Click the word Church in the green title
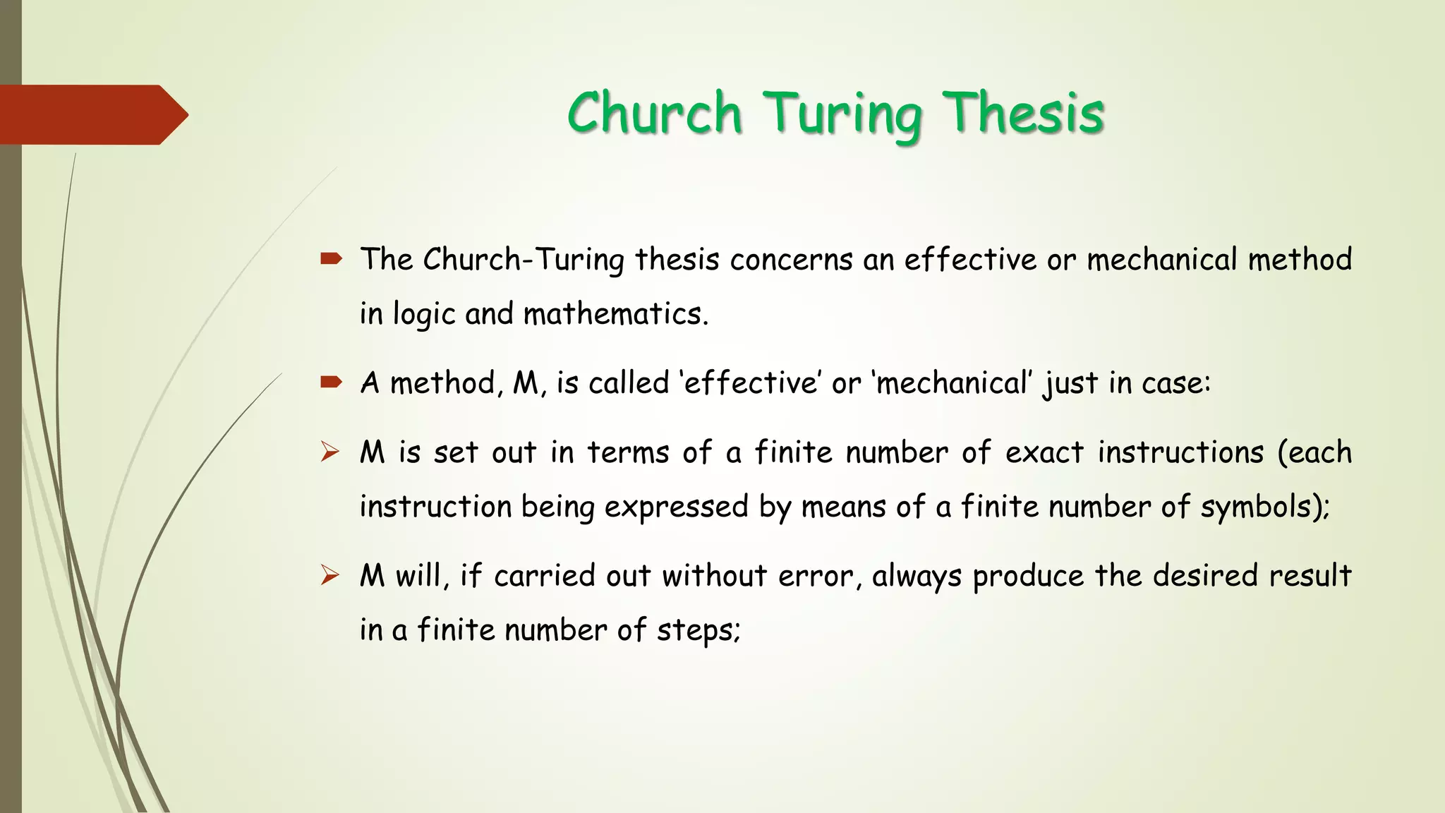(654, 113)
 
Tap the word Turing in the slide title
(844, 114)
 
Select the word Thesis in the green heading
(1024, 113)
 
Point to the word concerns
(791, 260)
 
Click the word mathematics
(615, 314)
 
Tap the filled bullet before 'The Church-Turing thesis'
(330, 259)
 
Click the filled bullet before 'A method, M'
(330, 383)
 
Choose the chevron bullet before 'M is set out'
(329, 452)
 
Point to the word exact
(1044, 452)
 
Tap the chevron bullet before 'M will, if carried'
(329, 575)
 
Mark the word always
(917, 576)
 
